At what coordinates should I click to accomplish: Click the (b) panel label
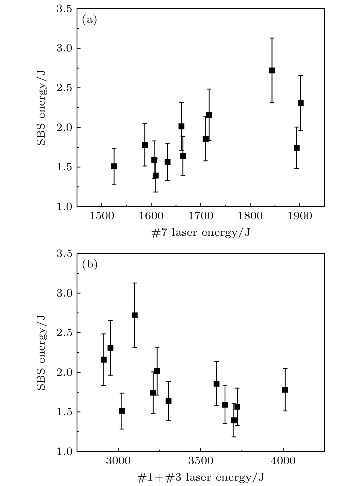[90, 265]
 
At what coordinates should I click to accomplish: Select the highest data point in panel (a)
[272, 70]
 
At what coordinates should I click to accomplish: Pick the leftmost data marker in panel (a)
[114, 166]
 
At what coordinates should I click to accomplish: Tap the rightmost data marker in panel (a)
[301, 103]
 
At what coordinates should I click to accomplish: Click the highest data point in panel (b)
[135, 315]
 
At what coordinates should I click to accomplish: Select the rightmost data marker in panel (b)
[285, 390]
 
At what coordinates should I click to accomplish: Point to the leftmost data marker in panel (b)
[104, 360]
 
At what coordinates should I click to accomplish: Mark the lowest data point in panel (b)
[234, 420]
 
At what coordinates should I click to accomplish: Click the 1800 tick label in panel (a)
[250, 216]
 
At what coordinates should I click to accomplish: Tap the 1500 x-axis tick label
[102, 216]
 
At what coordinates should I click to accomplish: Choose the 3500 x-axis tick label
[201, 461]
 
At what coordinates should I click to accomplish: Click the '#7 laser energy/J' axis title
[201, 233]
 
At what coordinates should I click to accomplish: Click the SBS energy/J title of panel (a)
[42, 107]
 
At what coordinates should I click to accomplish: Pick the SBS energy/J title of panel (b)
[42, 353]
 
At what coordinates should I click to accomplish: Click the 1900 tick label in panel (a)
[299, 216]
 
